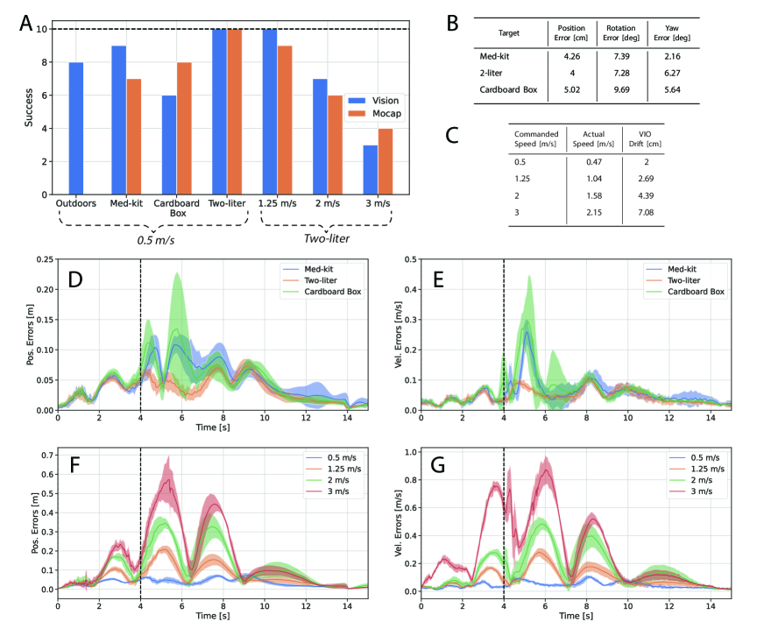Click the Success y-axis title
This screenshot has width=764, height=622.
point(29,108)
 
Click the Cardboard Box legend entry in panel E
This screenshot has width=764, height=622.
point(692,291)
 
